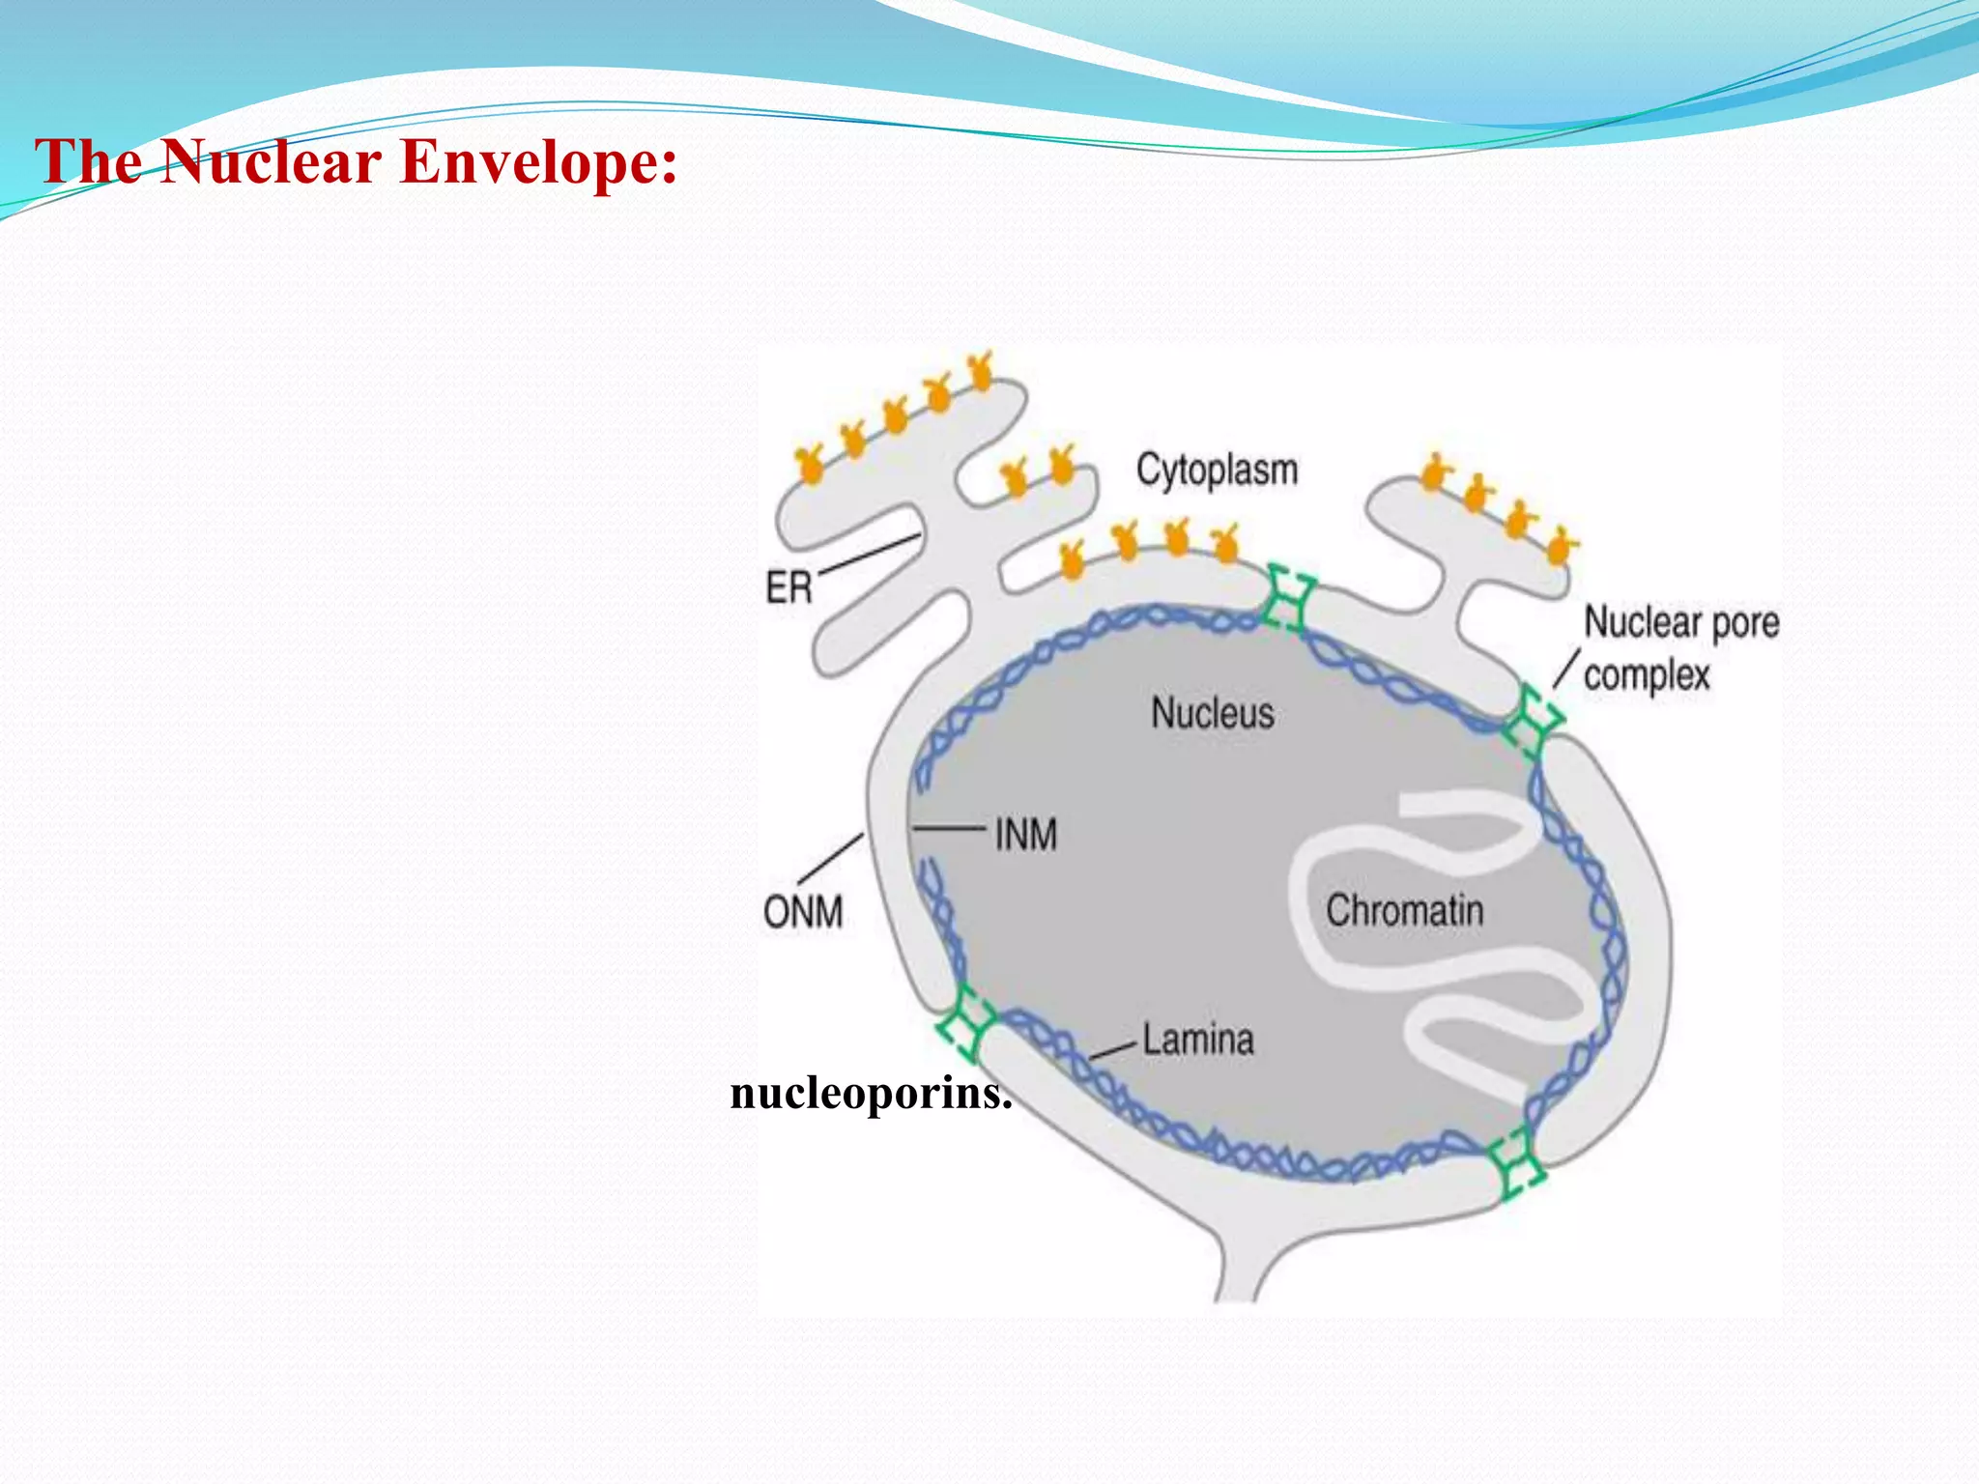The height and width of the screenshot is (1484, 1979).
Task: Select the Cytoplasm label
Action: coord(1217,471)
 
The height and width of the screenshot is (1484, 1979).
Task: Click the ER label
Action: coord(789,587)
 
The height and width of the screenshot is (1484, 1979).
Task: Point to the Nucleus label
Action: coord(1213,714)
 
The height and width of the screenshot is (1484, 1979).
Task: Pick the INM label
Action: coord(1026,835)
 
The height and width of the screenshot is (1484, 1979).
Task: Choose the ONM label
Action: coord(803,912)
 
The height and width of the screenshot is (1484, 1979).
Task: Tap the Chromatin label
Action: coord(1404,910)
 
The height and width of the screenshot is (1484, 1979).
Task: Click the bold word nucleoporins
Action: coord(871,1094)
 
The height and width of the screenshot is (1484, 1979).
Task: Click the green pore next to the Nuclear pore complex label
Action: coord(1533,719)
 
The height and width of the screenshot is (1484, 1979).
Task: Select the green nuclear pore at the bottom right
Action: coord(1515,1164)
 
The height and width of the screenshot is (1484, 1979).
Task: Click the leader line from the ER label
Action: coord(869,555)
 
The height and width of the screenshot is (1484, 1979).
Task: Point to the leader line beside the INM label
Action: coord(949,828)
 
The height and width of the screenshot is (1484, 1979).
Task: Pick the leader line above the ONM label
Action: coord(831,858)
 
